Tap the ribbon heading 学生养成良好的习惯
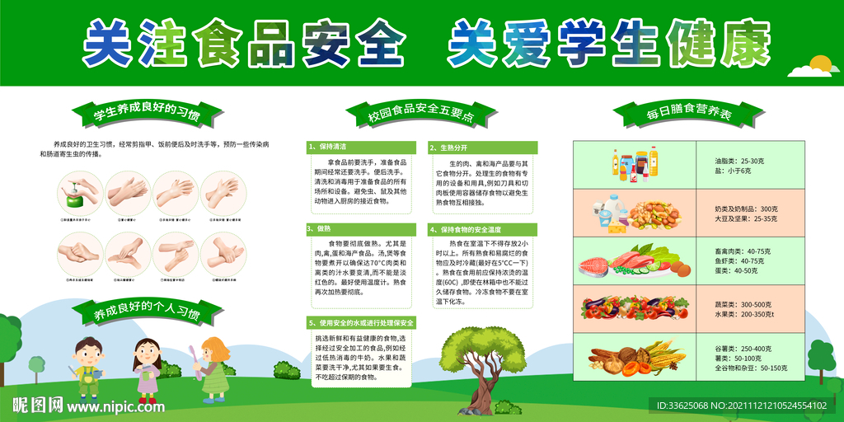[x=146, y=114]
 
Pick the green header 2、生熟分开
[x=482, y=148]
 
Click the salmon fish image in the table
[x=595, y=265]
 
